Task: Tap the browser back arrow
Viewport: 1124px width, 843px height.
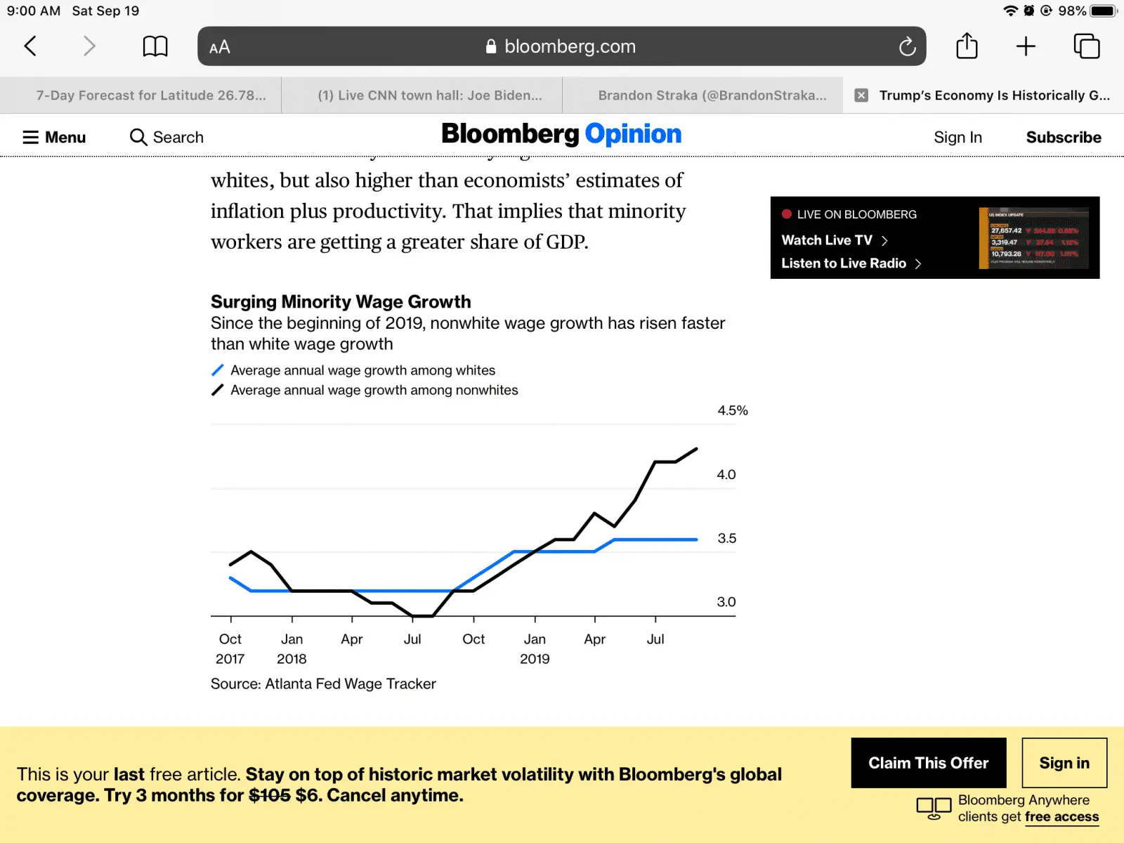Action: click(x=30, y=46)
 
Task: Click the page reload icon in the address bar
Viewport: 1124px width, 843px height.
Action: click(x=907, y=47)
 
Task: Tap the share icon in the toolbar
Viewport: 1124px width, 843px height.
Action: click(x=967, y=46)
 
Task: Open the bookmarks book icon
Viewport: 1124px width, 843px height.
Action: click(x=155, y=47)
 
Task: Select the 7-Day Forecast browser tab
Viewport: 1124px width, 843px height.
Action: click(x=151, y=96)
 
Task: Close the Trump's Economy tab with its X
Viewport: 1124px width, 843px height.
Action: click(x=861, y=96)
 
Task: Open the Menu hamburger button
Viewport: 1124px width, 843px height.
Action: click(x=54, y=137)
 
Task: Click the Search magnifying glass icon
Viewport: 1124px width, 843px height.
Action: click(x=138, y=137)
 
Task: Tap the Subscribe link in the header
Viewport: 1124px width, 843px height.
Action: click(x=1063, y=137)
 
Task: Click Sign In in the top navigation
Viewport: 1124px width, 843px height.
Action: click(x=958, y=137)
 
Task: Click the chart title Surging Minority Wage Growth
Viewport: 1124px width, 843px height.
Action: click(x=341, y=301)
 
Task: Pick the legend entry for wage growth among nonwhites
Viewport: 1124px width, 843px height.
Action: click(x=374, y=390)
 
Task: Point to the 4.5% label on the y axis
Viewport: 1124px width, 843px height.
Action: click(x=732, y=410)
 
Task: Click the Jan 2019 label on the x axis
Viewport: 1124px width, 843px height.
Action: click(x=535, y=648)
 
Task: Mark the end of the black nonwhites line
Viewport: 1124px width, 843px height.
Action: click(x=696, y=449)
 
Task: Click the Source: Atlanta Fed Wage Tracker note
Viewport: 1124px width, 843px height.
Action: click(x=323, y=684)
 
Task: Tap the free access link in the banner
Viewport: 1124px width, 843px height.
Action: click(x=1061, y=816)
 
